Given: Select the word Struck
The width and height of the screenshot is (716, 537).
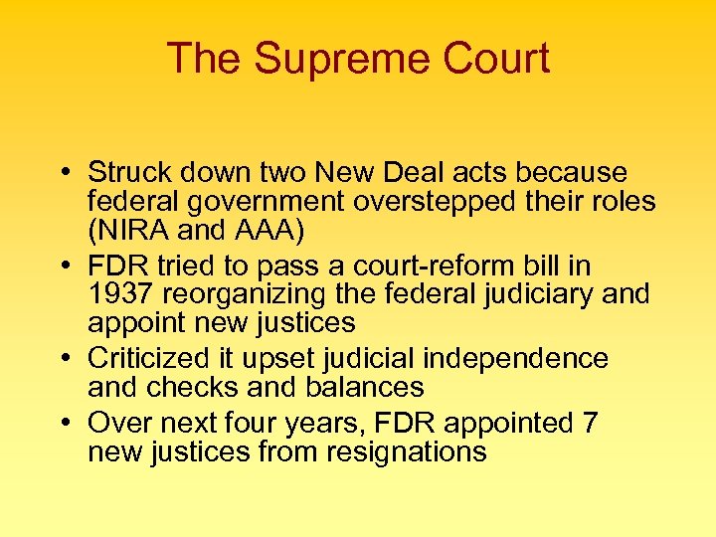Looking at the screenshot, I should pyautogui.click(x=124, y=172).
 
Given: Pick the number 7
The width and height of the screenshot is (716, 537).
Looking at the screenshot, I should pyautogui.click(x=590, y=423).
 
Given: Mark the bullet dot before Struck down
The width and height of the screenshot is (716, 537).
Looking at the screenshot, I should pyautogui.click(x=64, y=174).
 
